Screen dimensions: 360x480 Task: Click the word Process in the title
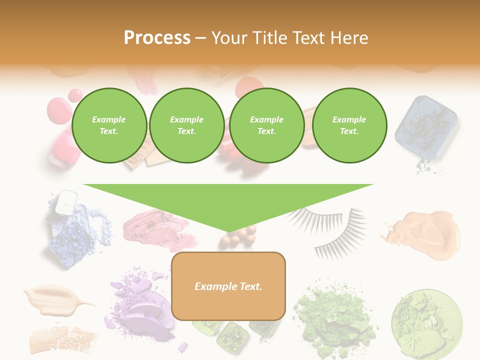pos(157,38)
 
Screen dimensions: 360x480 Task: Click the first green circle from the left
pos(109,125)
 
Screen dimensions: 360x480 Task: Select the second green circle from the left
pos(186,125)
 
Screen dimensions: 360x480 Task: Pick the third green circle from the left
pos(266,125)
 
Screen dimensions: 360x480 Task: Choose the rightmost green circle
pos(349,125)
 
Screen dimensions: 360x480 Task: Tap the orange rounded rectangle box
pos(228,286)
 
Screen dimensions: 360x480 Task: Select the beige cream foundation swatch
pos(55,298)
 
